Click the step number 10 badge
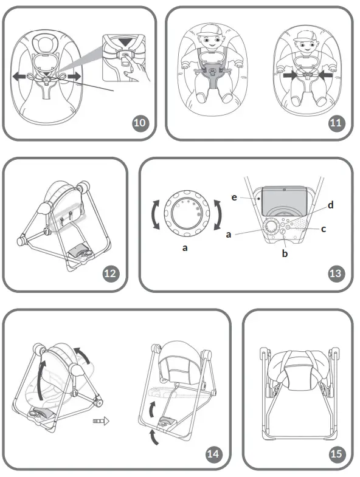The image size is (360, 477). pyautogui.click(x=140, y=123)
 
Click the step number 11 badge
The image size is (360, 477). pyautogui.click(x=336, y=123)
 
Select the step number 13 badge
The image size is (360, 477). pyautogui.click(x=336, y=273)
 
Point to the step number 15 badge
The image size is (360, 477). pyautogui.click(x=336, y=453)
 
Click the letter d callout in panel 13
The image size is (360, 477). pyautogui.click(x=330, y=205)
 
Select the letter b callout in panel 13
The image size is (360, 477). pyautogui.click(x=285, y=253)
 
